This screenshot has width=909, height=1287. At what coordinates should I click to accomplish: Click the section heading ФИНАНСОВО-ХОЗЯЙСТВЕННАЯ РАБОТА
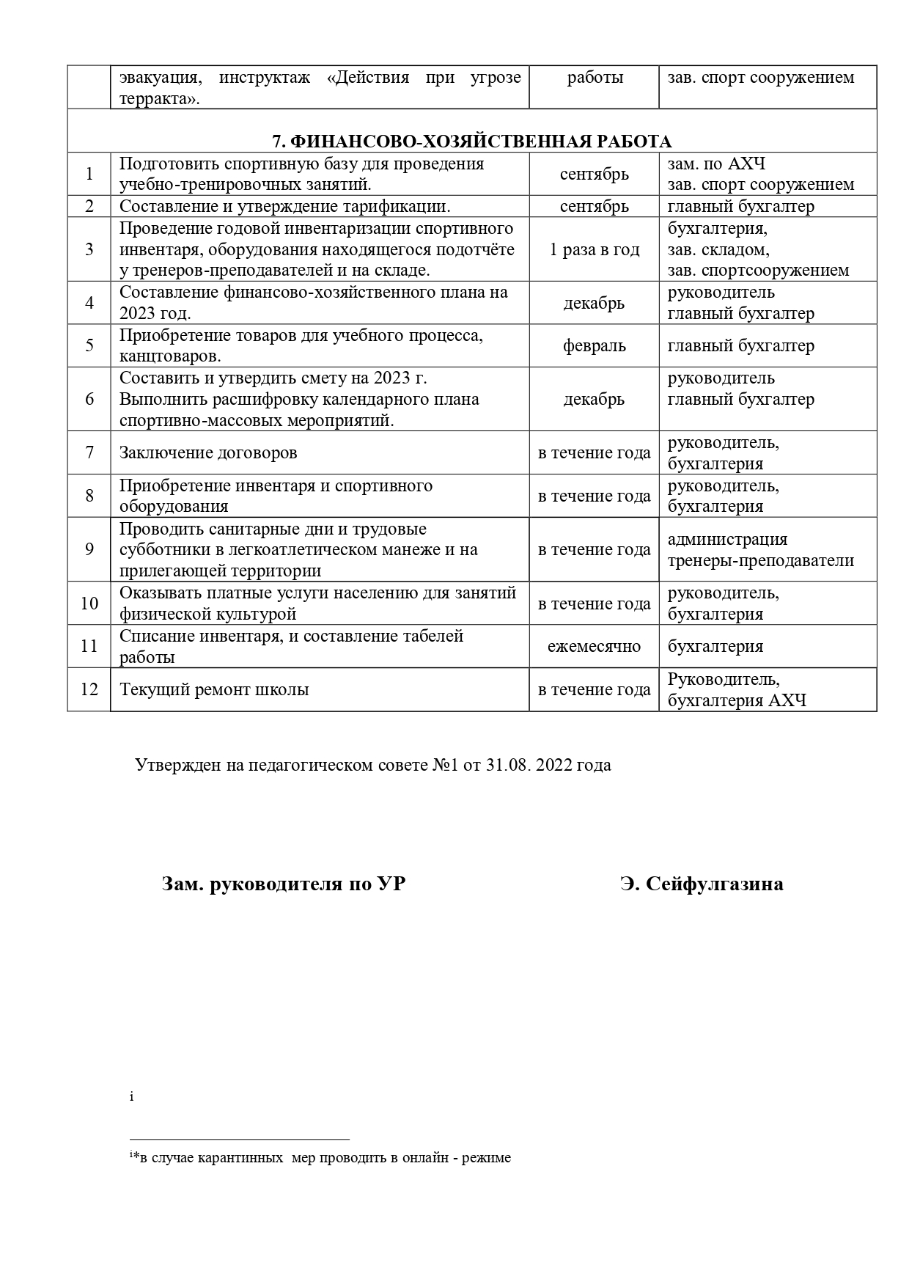point(471,142)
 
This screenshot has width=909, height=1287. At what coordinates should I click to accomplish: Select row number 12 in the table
point(89,690)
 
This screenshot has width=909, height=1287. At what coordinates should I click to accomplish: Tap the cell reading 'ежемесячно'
point(594,647)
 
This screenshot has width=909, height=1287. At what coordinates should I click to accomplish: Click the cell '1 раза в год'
point(594,250)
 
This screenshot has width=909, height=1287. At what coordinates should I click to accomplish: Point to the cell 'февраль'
point(594,346)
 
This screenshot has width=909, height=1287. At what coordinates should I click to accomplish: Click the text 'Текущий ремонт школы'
point(214,690)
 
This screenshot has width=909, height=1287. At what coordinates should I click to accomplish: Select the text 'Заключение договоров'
point(208,453)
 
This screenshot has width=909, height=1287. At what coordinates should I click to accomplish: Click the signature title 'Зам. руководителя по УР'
point(284,884)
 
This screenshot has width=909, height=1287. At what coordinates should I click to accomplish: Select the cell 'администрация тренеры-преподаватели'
point(760,550)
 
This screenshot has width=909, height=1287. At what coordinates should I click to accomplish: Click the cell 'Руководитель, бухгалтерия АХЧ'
point(737,690)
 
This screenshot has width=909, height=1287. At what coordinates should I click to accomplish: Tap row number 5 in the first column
point(89,346)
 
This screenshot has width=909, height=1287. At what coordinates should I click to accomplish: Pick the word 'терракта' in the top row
point(156,99)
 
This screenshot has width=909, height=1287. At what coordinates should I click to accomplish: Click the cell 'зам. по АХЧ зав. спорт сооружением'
point(760,175)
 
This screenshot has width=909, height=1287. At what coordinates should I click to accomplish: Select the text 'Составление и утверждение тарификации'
point(284,207)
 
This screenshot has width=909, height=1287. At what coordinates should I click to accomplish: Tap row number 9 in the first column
point(89,550)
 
